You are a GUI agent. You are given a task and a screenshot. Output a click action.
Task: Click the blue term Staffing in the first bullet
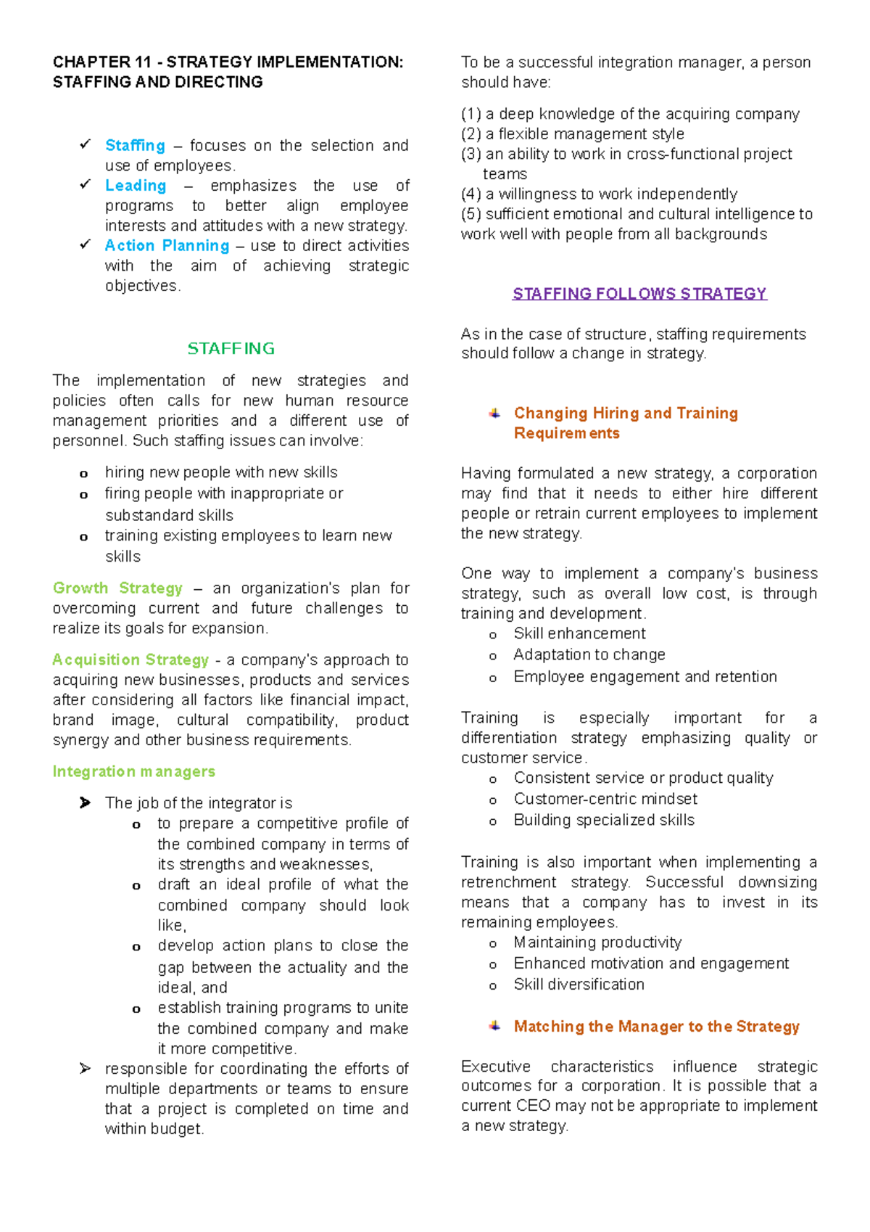click(x=135, y=146)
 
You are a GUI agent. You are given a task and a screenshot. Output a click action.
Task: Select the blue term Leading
click(x=136, y=186)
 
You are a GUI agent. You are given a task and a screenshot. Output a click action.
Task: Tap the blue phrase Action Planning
click(x=167, y=246)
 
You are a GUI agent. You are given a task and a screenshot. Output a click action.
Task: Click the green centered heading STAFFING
click(x=231, y=349)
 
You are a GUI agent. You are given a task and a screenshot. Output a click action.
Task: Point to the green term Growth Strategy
click(x=117, y=588)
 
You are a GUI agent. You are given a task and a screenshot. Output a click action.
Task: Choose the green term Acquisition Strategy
click(x=130, y=660)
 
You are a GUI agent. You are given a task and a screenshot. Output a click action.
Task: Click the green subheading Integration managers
click(x=133, y=772)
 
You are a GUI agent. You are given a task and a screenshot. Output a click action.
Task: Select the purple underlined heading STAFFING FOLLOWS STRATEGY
click(x=639, y=294)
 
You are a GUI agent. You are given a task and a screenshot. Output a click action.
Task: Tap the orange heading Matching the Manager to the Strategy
click(x=656, y=1027)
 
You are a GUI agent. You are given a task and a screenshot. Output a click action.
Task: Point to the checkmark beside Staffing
click(x=85, y=145)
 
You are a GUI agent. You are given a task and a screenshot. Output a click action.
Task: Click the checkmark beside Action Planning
click(x=85, y=245)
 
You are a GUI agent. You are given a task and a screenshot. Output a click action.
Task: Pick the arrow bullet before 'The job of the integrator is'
click(x=85, y=802)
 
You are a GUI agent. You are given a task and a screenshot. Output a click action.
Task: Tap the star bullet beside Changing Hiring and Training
click(x=494, y=414)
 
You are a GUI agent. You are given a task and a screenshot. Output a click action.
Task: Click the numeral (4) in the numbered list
click(x=471, y=194)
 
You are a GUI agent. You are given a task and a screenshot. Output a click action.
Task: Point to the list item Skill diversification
click(x=579, y=985)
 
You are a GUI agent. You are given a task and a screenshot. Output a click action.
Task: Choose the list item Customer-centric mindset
click(x=605, y=800)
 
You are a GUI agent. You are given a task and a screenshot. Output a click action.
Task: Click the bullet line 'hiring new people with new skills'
click(x=221, y=473)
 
